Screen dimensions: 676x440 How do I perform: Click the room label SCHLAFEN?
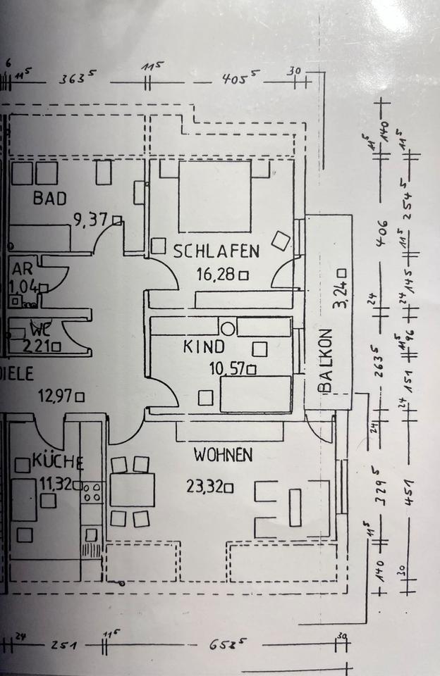pos(216,250)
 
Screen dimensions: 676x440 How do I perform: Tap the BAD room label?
pos(50,199)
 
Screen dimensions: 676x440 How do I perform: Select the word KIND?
pos(204,346)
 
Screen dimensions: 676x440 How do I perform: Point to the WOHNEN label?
pos(223,456)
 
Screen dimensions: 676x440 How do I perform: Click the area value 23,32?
pos(201,486)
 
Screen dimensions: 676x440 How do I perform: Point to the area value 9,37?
pos(90,220)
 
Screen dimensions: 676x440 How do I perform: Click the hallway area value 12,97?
pos(55,396)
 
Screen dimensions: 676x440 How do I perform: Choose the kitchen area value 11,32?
pos(56,483)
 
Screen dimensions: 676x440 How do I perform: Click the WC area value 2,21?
pos(36,346)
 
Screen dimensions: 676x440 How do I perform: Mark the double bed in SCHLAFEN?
pos(214,196)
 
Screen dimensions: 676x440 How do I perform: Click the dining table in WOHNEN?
pos(132,490)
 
